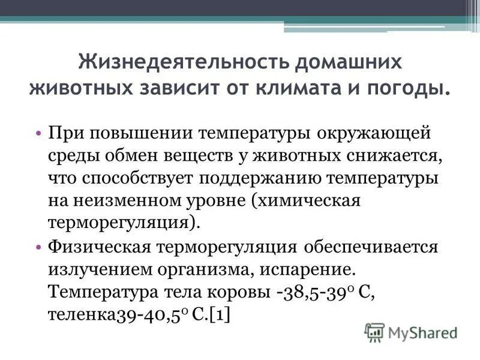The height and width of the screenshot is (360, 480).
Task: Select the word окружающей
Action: point(374,132)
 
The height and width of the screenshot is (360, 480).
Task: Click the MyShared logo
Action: point(410,332)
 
